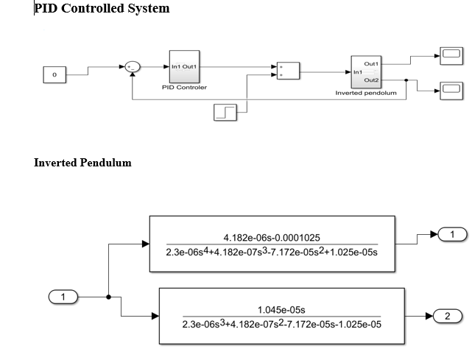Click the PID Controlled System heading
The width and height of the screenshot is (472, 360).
point(102,9)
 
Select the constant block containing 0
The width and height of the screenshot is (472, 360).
point(54,75)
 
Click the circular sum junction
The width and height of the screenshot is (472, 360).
point(132,67)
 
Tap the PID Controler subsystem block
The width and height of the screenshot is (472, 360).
point(184,67)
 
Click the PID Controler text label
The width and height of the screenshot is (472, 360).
point(184,87)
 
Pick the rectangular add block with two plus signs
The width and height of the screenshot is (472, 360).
point(287,71)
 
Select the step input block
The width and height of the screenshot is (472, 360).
point(225,112)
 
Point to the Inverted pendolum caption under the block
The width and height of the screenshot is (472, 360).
point(366,93)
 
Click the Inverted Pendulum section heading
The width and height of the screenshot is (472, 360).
point(82,163)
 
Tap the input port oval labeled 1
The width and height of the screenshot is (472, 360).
point(63,297)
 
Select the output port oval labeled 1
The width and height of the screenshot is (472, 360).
point(453,235)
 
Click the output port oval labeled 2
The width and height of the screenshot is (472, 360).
point(447,316)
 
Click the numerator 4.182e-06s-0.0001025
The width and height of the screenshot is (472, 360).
point(272,237)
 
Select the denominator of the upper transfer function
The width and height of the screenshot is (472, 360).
point(272,253)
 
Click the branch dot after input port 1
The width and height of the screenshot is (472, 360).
point(109,297)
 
